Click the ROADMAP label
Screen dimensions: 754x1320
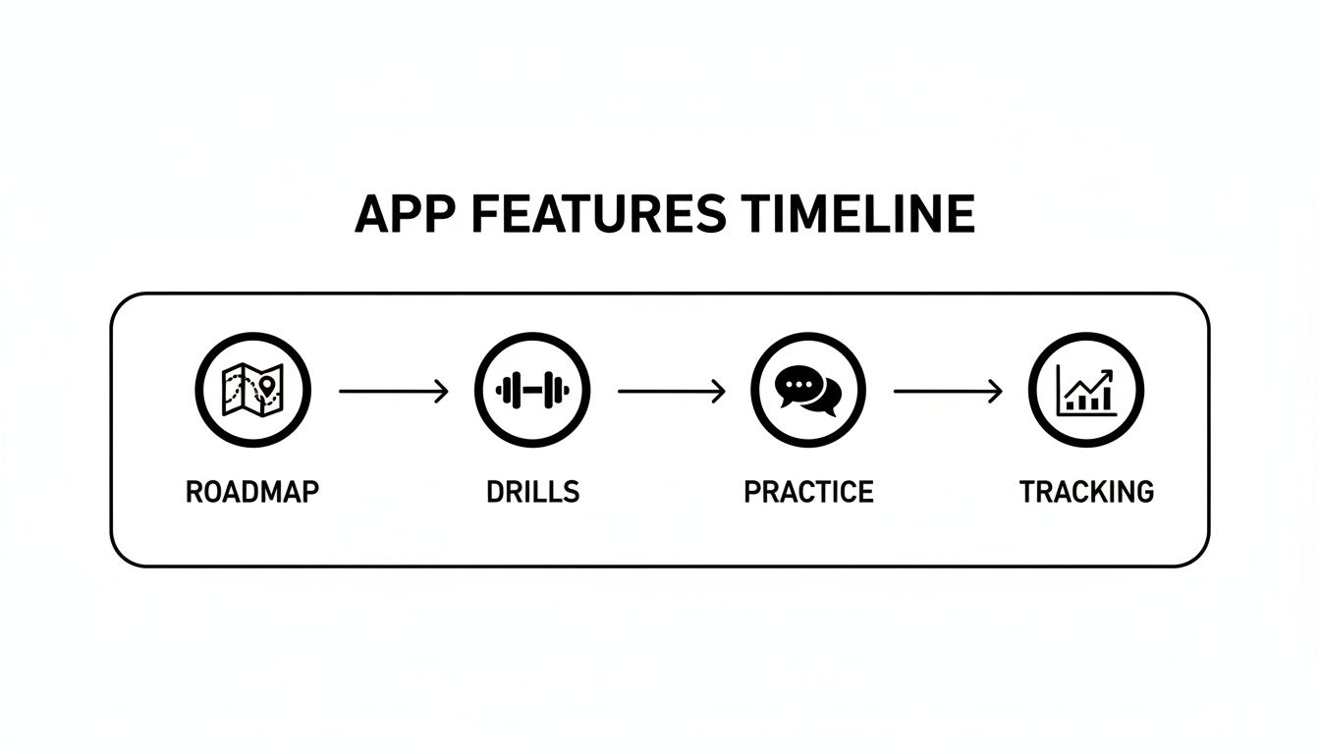[252, 491]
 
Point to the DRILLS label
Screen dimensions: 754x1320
[532, 491]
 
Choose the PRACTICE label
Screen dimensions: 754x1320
[808, 491]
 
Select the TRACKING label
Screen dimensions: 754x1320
[1086, 491]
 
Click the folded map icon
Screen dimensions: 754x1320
[252, 391]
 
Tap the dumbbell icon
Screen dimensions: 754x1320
[532, 391]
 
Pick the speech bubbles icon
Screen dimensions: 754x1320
[808, 391]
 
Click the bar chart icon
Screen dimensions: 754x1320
[1085, 391]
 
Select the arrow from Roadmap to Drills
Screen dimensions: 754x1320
[393, 391]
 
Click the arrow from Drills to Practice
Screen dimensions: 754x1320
[672, 391]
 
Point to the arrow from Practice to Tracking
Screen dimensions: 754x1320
[948, 391]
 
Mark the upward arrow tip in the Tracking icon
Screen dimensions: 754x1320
[1109, 373]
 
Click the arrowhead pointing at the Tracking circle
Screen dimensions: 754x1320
[997, 391]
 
